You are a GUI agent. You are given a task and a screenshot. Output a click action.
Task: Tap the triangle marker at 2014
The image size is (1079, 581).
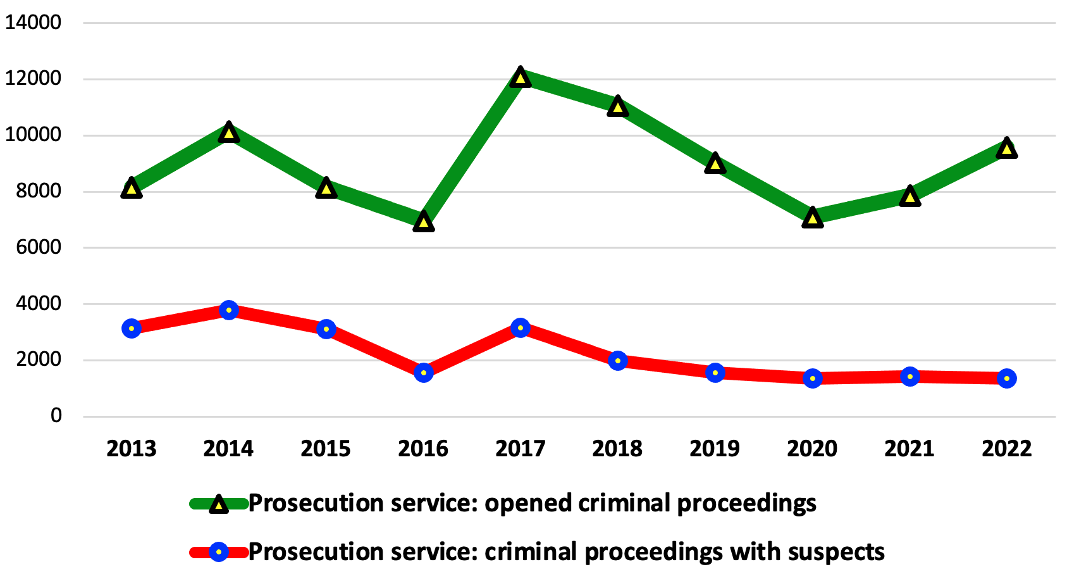point(229,133)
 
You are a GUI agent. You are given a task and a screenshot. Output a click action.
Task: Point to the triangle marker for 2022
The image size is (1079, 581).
point(1007,149)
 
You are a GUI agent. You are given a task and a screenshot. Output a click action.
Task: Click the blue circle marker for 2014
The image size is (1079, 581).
point(229,310)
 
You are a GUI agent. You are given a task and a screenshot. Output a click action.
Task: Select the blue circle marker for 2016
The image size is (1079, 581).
point(424,372)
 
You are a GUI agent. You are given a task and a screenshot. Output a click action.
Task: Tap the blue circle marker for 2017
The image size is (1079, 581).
point(521,328)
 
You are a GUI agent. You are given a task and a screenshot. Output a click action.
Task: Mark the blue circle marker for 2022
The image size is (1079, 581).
point(1007,378)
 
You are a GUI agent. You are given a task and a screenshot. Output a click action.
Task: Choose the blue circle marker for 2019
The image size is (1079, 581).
point(715,372)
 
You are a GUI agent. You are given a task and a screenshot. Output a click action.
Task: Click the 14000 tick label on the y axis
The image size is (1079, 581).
point(34,23)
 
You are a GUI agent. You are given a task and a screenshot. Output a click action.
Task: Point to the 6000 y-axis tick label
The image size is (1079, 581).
point(39,247)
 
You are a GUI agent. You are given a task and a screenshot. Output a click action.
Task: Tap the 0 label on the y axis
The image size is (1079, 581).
point(56,416)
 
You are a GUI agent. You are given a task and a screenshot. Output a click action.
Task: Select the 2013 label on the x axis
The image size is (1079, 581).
point(132,449)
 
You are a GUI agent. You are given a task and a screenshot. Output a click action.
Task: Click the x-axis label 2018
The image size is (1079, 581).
point(617,449)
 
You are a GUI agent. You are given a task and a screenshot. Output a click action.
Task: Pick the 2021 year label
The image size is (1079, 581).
point(909,449)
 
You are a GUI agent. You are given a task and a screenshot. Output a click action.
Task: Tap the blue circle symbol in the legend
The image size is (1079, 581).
point(219,553)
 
